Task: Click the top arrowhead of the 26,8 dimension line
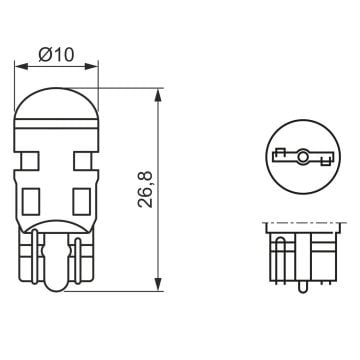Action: pos(157,92)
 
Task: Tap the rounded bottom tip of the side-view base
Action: pos(57,290)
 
